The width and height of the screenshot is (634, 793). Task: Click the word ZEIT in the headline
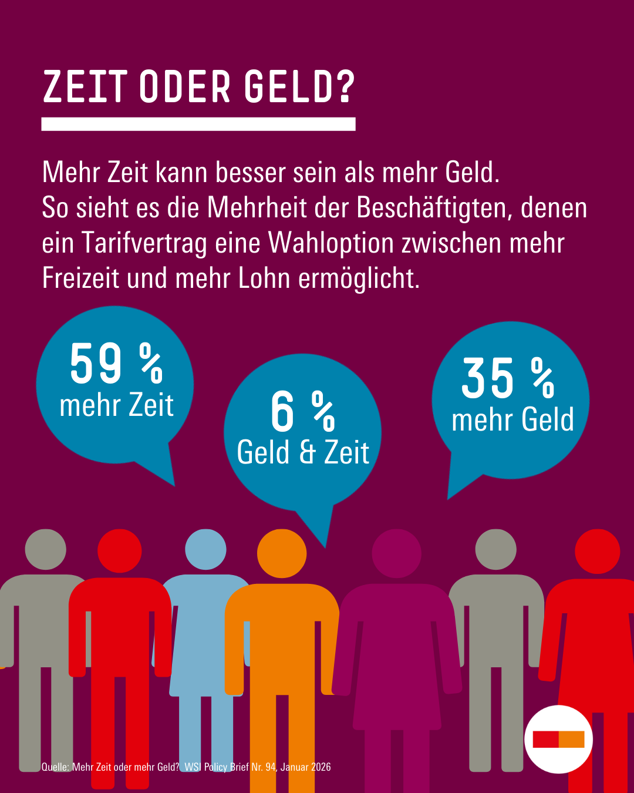point(85,88)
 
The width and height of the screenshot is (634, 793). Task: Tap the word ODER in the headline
point(186,88)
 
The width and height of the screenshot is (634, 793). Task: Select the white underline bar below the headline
point(198,124)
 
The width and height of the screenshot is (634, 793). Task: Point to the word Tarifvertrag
point(144,243)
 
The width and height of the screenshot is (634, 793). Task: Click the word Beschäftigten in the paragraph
point(434,208)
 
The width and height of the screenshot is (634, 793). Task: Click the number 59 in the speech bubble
point(96,364)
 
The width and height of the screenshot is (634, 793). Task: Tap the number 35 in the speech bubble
point(487,379)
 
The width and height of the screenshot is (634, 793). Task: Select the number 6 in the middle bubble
point(282,412)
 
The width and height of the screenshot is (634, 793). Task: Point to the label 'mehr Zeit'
point(117,406)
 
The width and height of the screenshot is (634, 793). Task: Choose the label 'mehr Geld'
point(512,420)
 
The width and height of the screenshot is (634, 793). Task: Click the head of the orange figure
point(282,553)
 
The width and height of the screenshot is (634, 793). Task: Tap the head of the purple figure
point(397,553)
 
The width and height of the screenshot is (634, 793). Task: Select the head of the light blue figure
point(205,549)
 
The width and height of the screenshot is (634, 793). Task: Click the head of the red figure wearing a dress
point(597,551)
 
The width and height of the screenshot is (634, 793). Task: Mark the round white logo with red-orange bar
point(558,739)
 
